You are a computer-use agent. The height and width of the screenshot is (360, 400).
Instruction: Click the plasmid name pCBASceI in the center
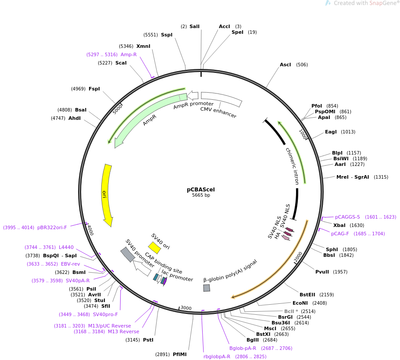click(201, 190)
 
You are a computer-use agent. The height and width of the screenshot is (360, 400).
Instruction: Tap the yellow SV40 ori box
click(154, 248)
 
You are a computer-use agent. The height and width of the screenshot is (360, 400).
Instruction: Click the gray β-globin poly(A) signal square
click(207, 288)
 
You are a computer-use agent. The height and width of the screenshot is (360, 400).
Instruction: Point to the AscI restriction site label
click(285, 65)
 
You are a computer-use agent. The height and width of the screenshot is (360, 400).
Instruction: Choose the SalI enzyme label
click(194, 26)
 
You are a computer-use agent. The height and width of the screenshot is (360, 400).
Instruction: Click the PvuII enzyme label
click(322, 272)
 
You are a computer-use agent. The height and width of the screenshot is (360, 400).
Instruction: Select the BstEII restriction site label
click(307, 295)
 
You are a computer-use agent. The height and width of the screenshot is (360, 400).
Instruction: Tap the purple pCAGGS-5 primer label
click(347, 217)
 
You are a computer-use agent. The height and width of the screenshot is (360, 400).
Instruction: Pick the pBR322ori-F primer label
click(52, 227)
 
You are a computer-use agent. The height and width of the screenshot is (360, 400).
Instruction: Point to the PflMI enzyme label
click(179, 354)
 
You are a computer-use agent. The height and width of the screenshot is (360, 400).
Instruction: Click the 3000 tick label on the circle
click(186, 308)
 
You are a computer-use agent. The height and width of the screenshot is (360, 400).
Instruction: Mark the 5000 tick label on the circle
click(118, 109)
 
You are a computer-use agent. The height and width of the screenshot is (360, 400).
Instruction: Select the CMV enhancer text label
click(218, 112)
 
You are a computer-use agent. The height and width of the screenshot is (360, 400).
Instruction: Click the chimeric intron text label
click(293, 166)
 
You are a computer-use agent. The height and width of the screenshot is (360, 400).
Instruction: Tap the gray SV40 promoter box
click(128, 255)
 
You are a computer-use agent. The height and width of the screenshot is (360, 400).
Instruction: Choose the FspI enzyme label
click(94, 89)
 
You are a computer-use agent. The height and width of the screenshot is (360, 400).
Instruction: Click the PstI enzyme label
click(148, 340)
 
